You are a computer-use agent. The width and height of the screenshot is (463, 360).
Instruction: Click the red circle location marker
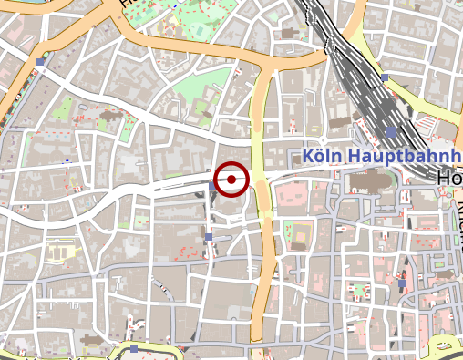click(231, 180)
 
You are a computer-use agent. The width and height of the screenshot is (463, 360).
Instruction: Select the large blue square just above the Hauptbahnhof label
click(391, 132)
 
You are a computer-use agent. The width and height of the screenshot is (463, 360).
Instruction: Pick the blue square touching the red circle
click(212, 185)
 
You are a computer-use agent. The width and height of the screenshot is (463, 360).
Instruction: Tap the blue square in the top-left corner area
click(40, 62)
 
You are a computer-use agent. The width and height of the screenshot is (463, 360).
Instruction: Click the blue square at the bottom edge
click(133, 348)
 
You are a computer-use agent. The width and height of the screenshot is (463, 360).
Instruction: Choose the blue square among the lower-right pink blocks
click(400, 284)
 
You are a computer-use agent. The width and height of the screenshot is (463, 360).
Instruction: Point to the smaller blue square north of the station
click(385, 77)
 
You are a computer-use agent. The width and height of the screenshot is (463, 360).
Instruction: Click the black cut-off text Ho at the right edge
click(449, 177)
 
